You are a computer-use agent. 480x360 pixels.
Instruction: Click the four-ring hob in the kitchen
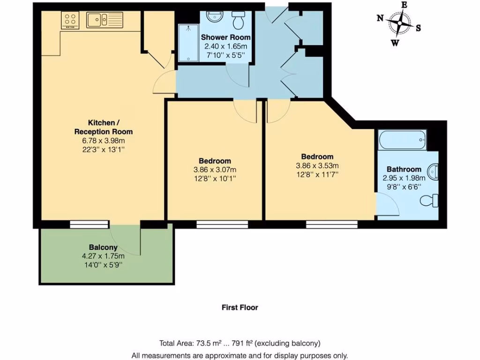point(70,20)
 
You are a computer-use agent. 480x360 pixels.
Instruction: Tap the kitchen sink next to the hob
point(104,20)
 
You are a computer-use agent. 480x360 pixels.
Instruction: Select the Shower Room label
point(225,37)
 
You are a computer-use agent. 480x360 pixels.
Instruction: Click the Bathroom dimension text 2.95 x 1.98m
point(404,178)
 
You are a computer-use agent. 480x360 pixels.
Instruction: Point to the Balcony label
point(103,247)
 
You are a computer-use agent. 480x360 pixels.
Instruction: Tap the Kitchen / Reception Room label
point(103,127)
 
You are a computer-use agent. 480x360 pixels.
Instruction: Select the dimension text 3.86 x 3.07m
point(214,170)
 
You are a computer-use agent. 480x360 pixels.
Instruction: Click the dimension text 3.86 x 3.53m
point(317,165)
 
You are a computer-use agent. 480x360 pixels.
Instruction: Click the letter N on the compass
point(381,18)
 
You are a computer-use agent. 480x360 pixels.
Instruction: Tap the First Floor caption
point(240,307)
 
